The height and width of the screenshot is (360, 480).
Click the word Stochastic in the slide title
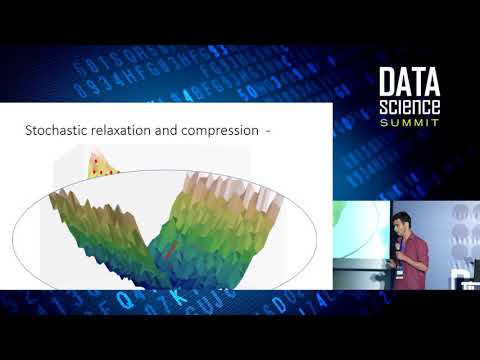click(x=55, y=130)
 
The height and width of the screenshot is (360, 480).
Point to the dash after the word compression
click(x=267, y=130)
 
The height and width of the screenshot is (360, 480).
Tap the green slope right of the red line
click(x=215, y=235)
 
